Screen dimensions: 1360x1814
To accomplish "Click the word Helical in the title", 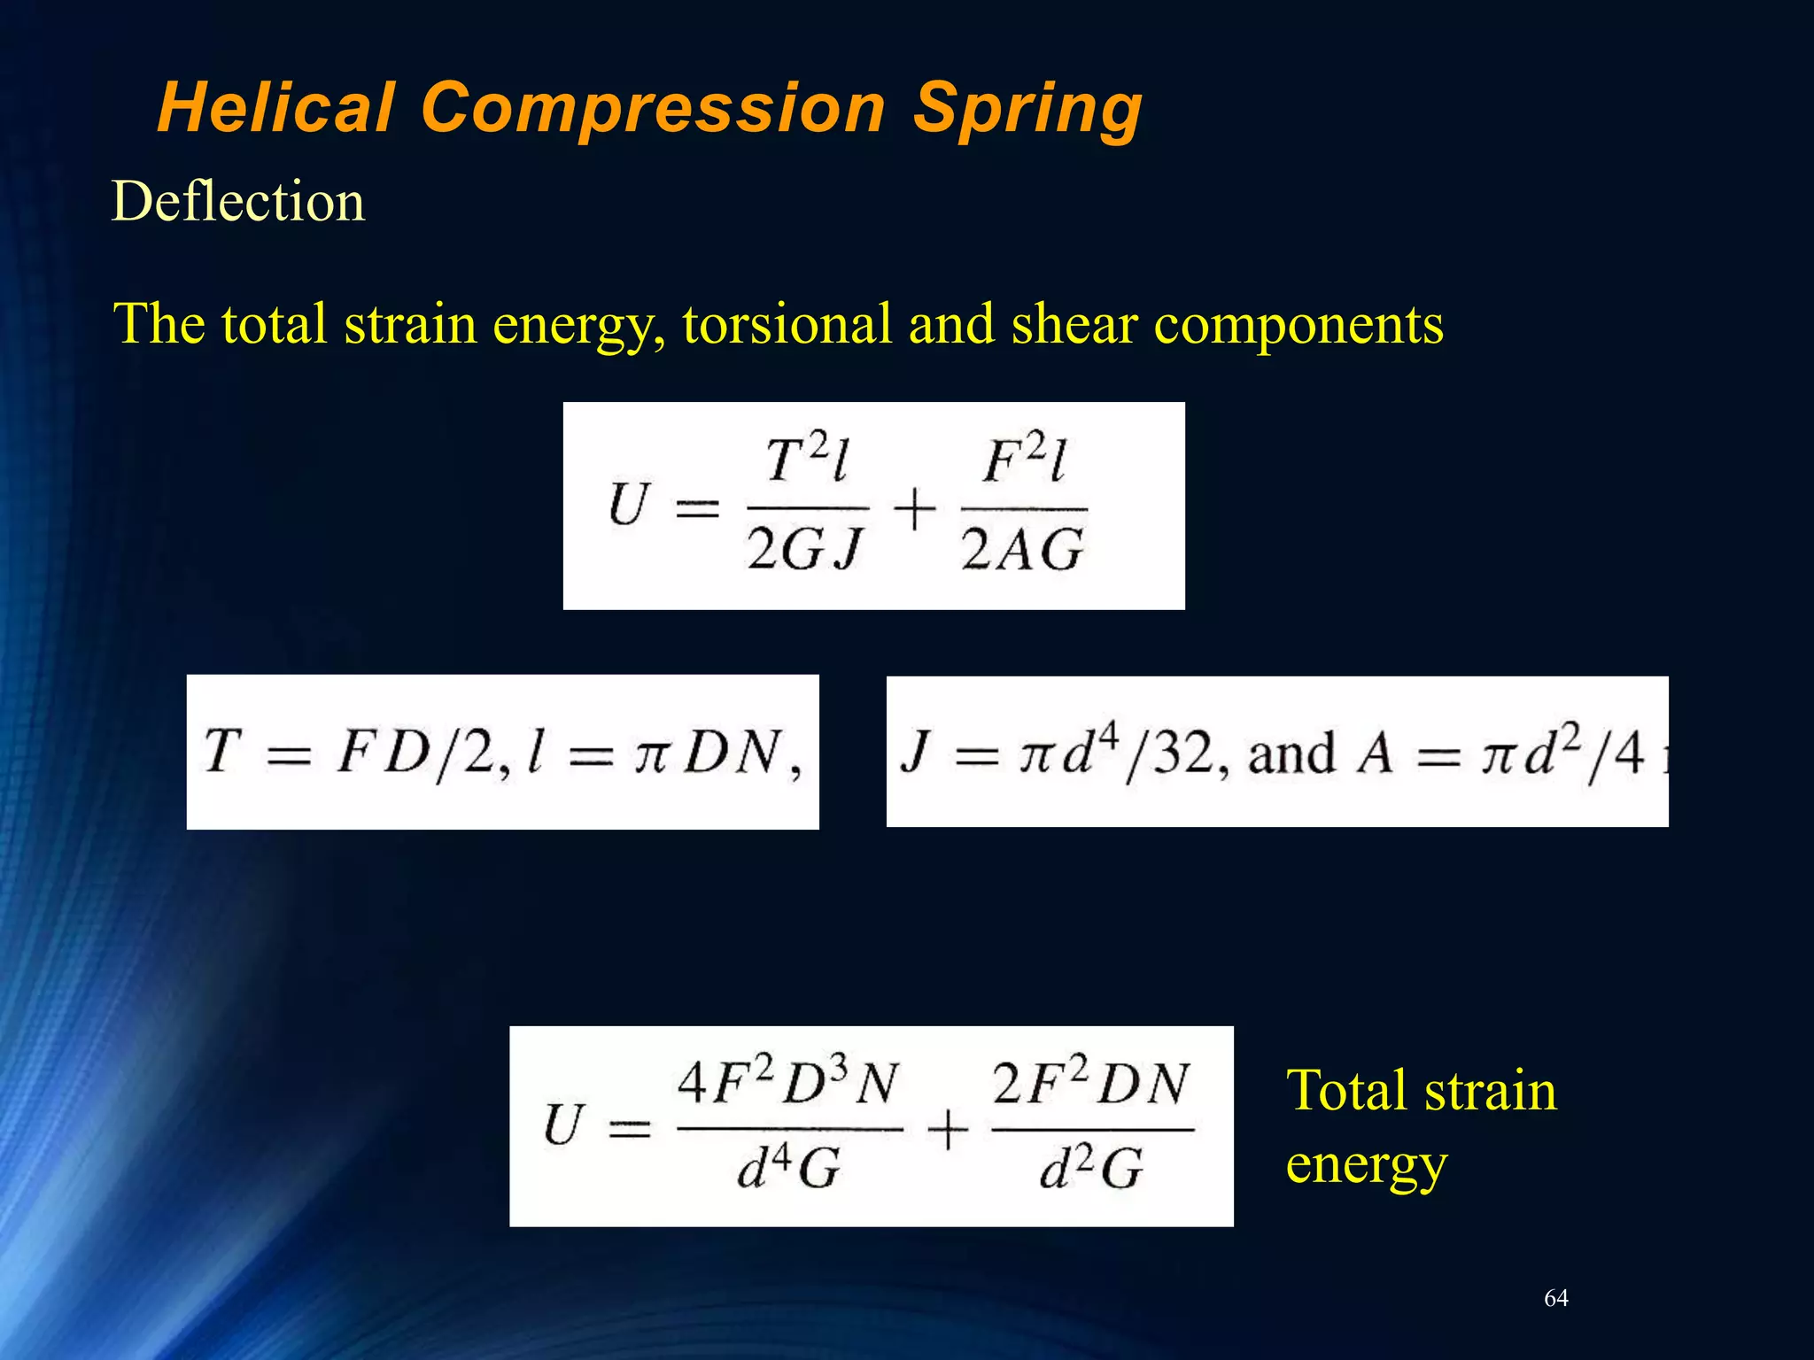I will [x=275, y=108].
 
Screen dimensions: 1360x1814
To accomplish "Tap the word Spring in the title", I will [x=1027, y=108].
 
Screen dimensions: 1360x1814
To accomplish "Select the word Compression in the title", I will [x=653, y=108].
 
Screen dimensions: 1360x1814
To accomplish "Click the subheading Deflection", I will [x=237, y=202].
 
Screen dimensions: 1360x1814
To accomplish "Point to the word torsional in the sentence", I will [x=787, y=323].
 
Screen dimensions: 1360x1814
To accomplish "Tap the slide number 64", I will [x=1556, y=1298].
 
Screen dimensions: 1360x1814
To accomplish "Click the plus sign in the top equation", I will [x=915, y=511].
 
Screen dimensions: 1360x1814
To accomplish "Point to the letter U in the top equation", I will [x=629, y=505].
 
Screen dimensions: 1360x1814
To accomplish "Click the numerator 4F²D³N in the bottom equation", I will [x=788, y=1082].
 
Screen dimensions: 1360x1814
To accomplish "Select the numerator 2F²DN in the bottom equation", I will [x=1090, y=1082].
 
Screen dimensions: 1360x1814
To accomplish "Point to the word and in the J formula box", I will [x=1291, y=754].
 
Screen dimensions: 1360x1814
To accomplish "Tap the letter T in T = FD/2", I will [x=222, y=751].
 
